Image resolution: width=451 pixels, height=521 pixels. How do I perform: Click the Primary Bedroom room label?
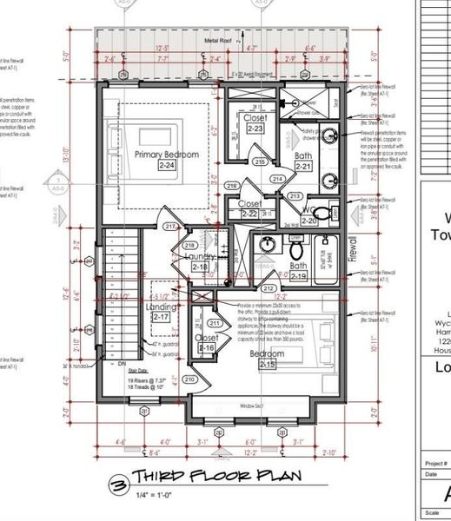coord(167,154)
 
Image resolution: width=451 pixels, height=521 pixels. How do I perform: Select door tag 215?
coord(260,162)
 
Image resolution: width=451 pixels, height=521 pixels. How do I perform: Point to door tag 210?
coord(189,379)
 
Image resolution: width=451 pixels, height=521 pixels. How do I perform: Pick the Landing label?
coord(162,307)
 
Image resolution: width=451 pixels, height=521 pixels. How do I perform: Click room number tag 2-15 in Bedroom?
coord(267,365)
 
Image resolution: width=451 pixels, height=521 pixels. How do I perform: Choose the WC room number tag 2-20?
coord(310,221)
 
